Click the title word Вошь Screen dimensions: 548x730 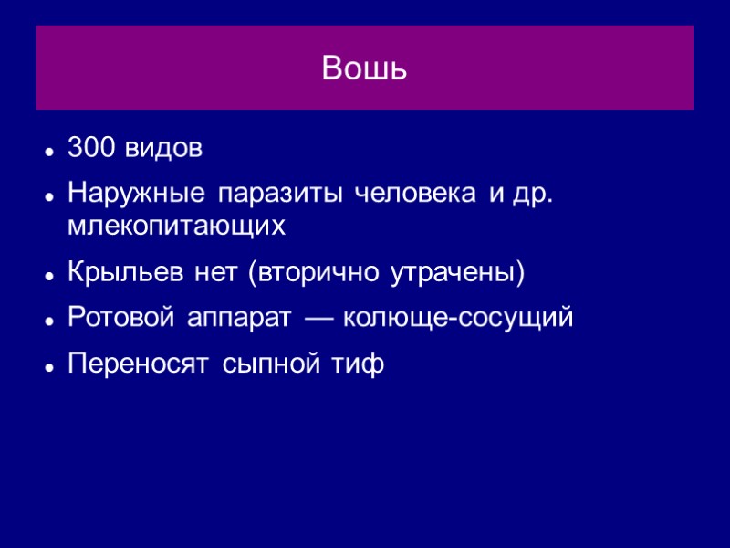(364, 68)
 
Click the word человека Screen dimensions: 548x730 (413, 195)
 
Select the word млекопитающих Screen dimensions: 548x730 (176, 227)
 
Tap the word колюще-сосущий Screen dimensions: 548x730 (457, 318)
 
